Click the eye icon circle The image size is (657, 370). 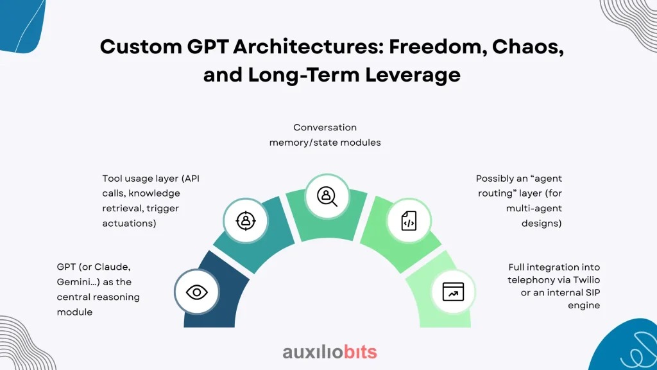196,292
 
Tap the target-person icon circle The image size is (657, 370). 246,221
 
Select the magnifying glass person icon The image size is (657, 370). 327,197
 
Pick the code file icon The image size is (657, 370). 409,221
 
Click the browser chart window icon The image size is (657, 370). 453,292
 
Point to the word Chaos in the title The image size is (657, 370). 528,46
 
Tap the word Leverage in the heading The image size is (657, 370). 413,75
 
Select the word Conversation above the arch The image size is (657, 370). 325,127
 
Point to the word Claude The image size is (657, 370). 112,267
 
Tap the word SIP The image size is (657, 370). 592,292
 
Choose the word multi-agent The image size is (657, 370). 534,209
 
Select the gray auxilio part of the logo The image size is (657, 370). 312,352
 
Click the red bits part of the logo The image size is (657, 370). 361,351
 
